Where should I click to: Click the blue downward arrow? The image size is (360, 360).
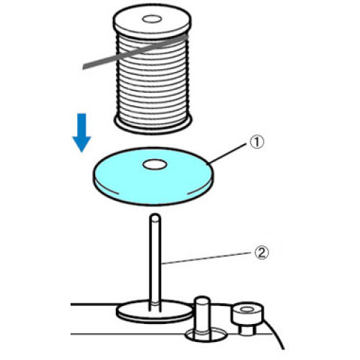click(x=82, y=132)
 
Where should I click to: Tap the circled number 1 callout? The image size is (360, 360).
click(x=257, y=142)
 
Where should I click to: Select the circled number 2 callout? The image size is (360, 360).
click(x=261, y=253)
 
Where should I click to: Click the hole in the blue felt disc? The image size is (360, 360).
click(x=155, y=165)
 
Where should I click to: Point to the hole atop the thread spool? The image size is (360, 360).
click(x=152, y=19)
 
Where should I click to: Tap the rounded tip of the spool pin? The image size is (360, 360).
click(x=155, y=218)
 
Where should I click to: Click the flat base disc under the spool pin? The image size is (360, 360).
click(x=154, y=312)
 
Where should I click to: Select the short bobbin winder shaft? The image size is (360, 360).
click(x=202, y=317)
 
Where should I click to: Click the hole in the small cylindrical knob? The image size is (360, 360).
click(x=246, y=310)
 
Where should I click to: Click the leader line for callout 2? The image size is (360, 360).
click(x=207, y=258)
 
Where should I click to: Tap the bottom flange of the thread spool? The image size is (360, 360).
click(x=153, y=125)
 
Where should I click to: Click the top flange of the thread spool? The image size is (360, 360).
click(x=152, y=22)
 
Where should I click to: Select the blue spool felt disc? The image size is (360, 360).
click(x=153, y=176)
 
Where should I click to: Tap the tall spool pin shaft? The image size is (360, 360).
click(x=155, y=261)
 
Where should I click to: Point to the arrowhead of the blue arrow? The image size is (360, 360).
click(x=82, y=143)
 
